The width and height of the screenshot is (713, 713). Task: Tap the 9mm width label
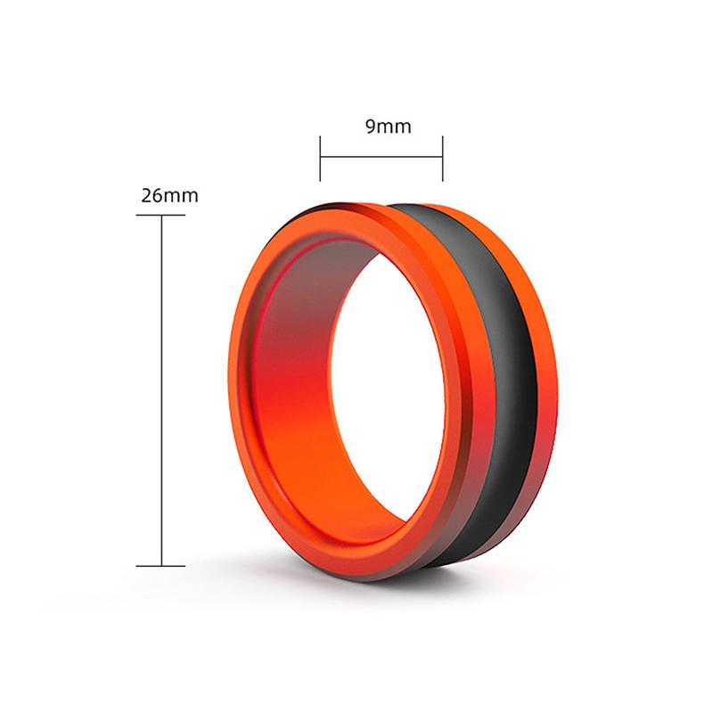(389, 126)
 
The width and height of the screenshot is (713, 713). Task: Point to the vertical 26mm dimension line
(161, 392)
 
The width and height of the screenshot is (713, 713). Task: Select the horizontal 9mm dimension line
(381, 157)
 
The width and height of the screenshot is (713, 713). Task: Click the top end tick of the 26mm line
(161, 216)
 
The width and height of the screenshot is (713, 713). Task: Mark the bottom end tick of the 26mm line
(161, 566)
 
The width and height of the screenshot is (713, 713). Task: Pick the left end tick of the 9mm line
(321, 157)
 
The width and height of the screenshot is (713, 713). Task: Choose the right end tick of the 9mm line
(443, 157)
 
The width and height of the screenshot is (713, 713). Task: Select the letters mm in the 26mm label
(182, 196)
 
